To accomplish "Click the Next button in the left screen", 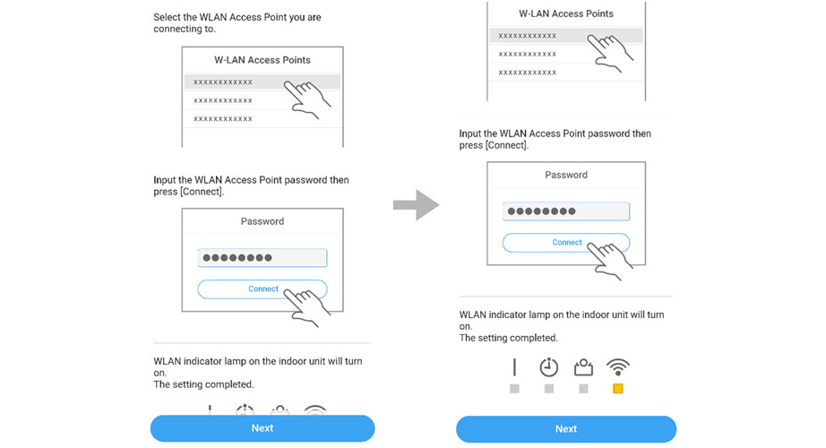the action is click(x=262, y=428).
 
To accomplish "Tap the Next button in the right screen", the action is click(x=566, y=429).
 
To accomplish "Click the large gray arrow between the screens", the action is click(x=417, y=205).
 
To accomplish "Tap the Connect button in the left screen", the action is click(x=262, y=289).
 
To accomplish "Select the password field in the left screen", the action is click(x=262, y=258).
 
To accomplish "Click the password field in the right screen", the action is click(x=566, y=211).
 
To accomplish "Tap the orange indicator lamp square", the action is click(x=618, y=389).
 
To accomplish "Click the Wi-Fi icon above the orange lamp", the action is click(x=618, y=366).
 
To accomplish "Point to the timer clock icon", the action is click(x=549, y=366).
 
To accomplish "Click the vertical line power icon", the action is click(x=514, y=366).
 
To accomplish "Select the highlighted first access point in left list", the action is click(x=262, y=82).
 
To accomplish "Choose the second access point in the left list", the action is click(x=223, y=100).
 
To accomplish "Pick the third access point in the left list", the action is click(x=223, y=118).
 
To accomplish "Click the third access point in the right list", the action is click(x=528, y=73).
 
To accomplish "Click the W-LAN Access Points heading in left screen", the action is click(x=262, y=60).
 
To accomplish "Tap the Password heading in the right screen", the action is click(x=566, y=175).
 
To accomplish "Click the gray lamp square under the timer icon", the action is click(x=549, y=389).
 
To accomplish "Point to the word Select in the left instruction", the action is click(x=167, y=17).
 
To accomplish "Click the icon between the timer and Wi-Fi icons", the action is click(x=583, y=367).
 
